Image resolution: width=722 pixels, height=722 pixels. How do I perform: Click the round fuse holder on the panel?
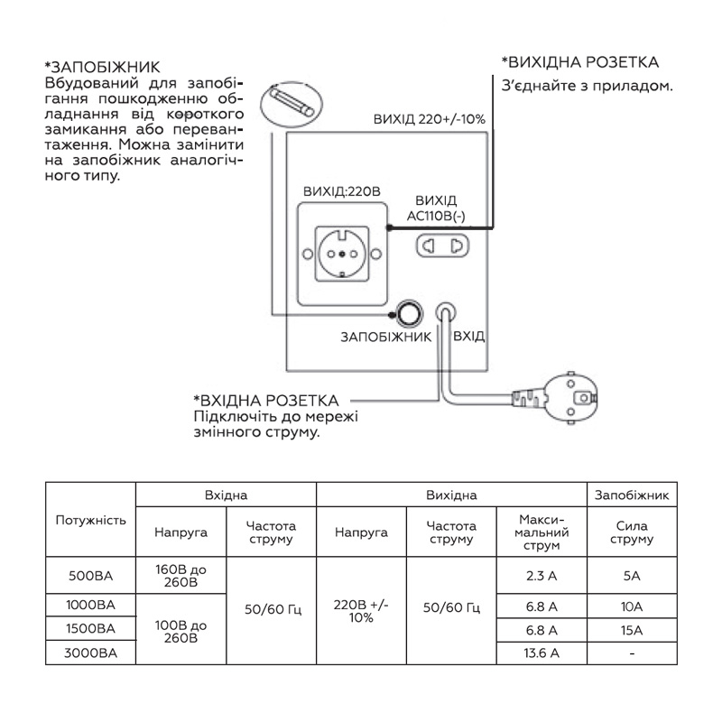[409, 314]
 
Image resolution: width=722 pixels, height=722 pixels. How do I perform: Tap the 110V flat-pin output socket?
[442, 245]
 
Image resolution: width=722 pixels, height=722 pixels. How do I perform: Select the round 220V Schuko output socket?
[342, 254]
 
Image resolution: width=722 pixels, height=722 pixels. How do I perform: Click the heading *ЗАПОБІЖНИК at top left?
[102, 67]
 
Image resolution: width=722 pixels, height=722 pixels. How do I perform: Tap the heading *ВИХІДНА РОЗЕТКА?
[580, 62]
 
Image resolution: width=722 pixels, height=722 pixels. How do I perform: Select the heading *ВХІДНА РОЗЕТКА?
[266, 400]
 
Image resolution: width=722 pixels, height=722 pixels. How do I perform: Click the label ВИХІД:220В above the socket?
[342, 191]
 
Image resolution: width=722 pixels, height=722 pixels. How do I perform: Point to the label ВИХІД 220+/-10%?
[430, 119]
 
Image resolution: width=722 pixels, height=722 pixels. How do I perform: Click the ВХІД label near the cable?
[468, 336]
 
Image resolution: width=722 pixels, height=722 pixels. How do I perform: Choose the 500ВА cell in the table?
[91, 576]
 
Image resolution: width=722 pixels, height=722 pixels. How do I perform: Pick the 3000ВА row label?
[91, 653]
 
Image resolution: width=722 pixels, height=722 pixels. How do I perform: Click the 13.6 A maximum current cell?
[541, 653]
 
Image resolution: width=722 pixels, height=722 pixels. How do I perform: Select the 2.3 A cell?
[541, 576]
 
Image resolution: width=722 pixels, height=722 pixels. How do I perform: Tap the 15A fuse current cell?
[631, 630]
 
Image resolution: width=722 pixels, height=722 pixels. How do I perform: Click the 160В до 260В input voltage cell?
[181, 576]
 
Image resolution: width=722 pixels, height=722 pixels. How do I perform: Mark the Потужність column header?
[91, 521]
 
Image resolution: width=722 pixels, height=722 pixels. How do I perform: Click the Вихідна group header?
[451, 495]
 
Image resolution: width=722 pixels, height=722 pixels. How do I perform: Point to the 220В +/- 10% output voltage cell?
[361, 611]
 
